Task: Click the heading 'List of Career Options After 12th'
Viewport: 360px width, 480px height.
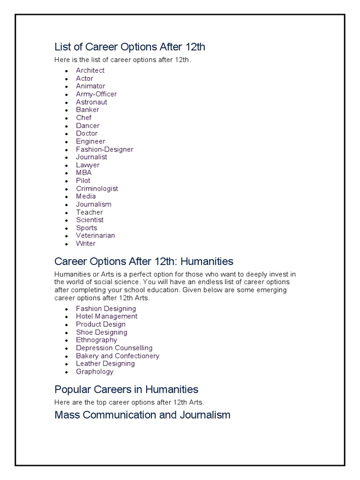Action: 130,47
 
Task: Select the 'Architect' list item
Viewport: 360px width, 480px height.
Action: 90,70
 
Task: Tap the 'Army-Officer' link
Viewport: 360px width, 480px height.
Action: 96,94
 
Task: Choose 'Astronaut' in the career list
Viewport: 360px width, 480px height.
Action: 91,102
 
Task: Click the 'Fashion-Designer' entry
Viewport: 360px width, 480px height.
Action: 105,149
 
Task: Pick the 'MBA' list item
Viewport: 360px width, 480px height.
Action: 84,172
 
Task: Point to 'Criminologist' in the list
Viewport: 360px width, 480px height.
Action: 97,188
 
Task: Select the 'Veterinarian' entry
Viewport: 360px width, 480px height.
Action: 95,235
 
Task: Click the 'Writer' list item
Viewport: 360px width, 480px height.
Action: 86,243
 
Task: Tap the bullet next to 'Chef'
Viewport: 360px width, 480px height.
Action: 67,118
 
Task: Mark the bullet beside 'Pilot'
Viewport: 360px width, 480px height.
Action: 67,181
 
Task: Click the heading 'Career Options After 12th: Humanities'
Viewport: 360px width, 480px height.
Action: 144,261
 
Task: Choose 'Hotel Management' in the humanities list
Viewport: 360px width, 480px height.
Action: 107,316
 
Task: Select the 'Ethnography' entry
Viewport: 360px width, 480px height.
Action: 97,340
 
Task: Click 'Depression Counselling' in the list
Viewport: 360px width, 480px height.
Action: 114,348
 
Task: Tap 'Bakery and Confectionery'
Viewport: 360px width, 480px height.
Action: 118,356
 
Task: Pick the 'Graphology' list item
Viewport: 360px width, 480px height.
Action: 95,372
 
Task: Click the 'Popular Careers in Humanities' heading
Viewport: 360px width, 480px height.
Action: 127,389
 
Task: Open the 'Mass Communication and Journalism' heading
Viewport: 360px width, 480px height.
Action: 142,415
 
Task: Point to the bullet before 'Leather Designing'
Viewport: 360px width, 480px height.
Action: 67,364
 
